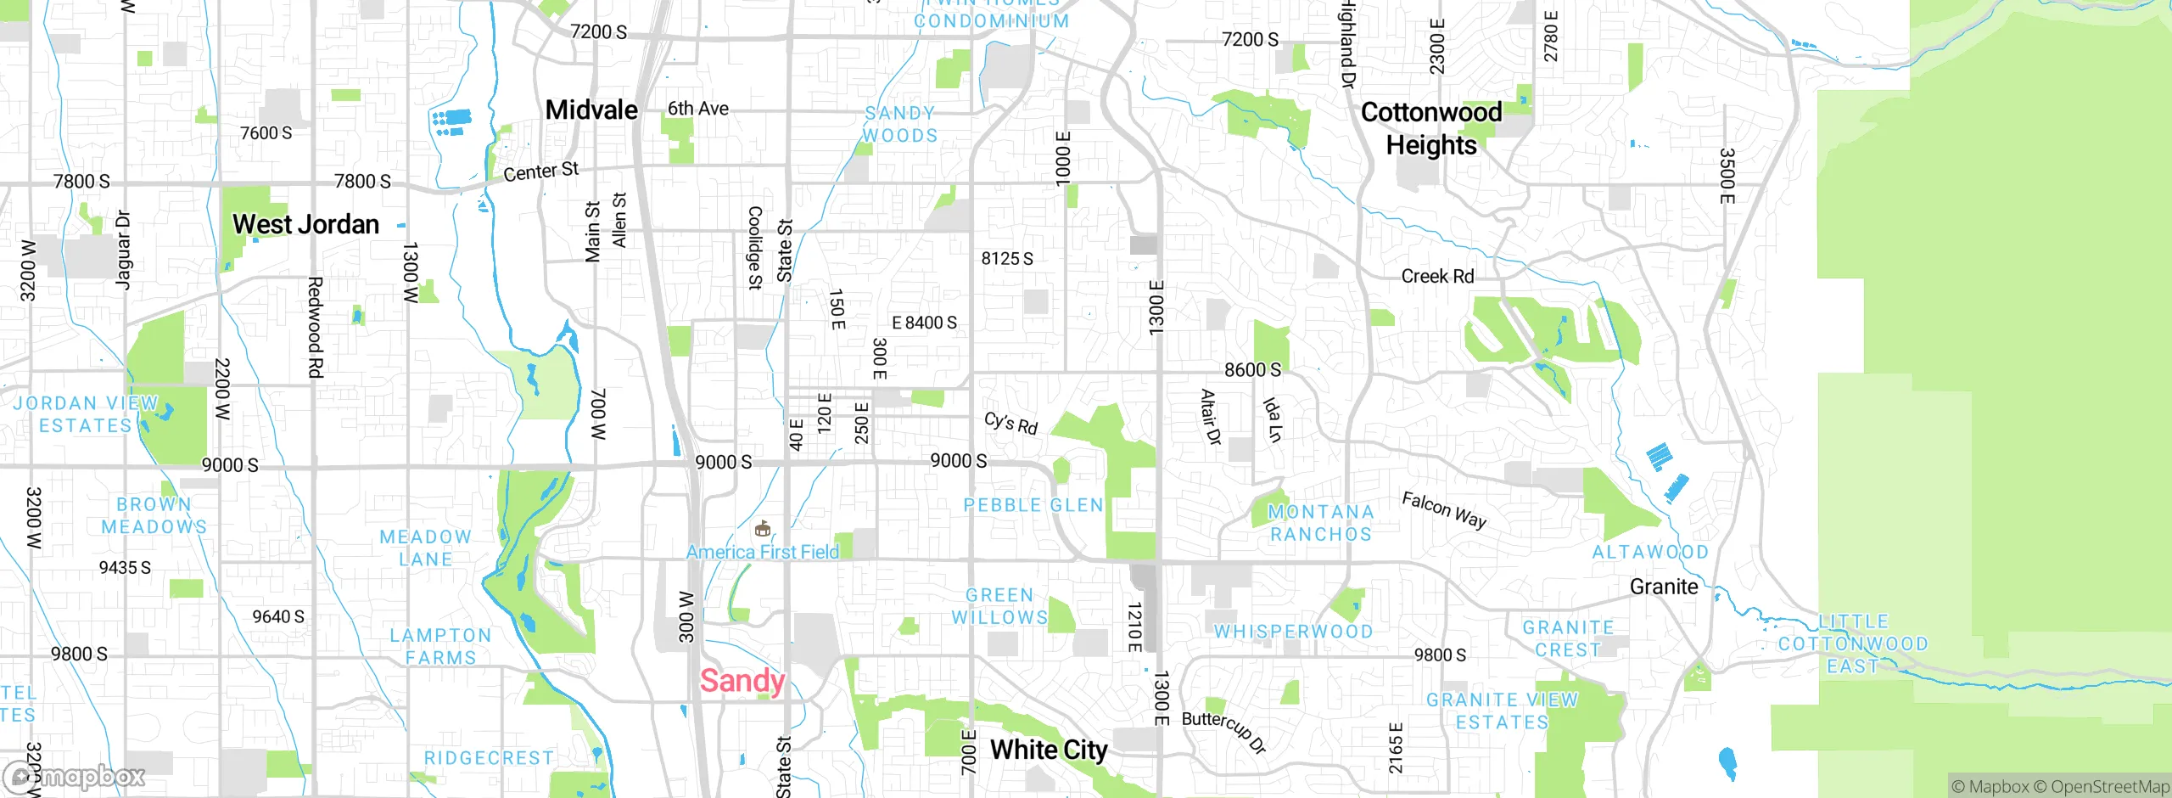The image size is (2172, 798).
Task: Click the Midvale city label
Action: (x=591, y=110)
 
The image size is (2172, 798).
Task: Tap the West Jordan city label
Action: (x=305, y=224)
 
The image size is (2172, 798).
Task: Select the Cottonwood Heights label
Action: (x=1431, y=128)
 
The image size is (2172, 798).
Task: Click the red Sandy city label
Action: (x=742, y=681)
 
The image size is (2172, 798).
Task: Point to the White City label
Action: (x=1049, y=750)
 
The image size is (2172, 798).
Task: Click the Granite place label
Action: (x=1664, y=587)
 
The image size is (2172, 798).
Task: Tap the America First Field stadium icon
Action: (x=763, y=529)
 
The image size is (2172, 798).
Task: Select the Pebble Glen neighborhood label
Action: (x=1033, y=505)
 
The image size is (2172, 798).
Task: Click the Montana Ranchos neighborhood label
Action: (x=1320, y=523)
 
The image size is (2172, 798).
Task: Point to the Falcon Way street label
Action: (x=1443, y=509)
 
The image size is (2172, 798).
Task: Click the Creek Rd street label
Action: (x=1437, y=276)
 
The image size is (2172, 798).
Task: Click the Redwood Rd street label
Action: (x=315, y=327)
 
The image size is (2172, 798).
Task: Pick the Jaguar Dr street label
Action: (x=123, y=250)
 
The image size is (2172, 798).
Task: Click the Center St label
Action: (x=540, y=171)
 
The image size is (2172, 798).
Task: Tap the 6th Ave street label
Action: (x=697, y=109)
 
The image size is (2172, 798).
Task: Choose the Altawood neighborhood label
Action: (x=1650, y=552)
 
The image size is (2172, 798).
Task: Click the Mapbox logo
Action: (x=75, y=776)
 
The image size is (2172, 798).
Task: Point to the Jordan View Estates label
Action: (x=86, y=414)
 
